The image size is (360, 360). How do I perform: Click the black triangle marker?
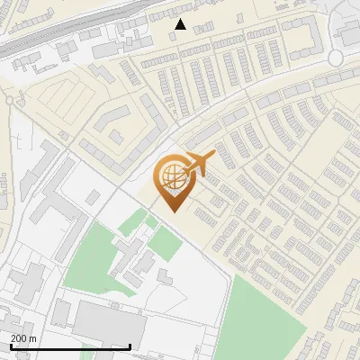coord(181,25)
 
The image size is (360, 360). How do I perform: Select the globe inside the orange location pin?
coord(171,176)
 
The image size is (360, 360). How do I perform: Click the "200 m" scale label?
coord(23,337)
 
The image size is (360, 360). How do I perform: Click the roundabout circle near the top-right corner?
coord(337,58)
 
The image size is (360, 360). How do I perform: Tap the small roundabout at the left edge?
coord(9,100)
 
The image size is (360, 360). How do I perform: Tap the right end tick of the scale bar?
coord(130,346)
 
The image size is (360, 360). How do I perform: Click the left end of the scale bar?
coord(10,346)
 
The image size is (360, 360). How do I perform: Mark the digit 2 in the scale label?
coord(14,337)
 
